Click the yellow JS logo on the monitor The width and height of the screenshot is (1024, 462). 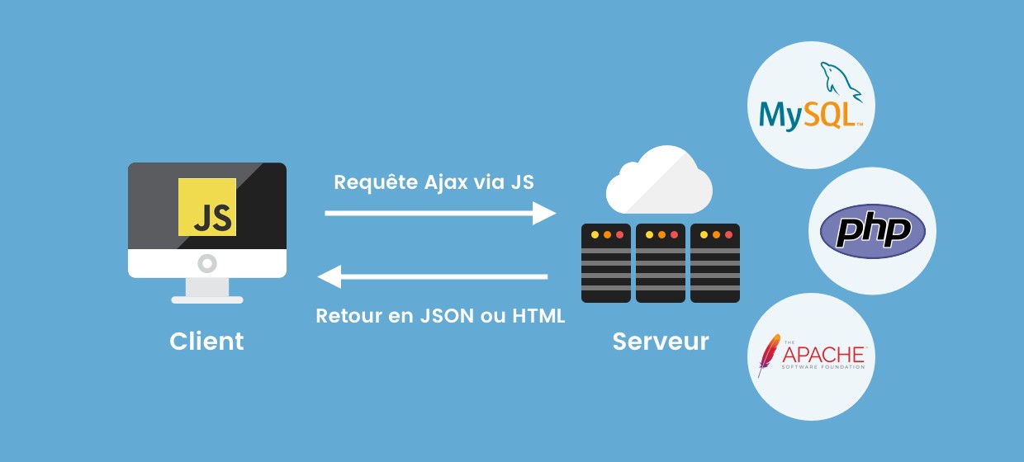[207, 207]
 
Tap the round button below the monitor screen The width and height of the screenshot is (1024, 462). [207, 263]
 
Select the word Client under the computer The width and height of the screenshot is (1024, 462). [206, 341]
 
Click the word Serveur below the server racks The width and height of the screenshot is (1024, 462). [661, 342]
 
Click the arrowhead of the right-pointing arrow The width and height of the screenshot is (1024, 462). [544, 213]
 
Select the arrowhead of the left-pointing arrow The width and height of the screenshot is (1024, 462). [329, 276]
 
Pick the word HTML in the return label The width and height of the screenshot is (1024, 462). [538, 316]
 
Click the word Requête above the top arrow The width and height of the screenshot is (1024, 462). [376, 182]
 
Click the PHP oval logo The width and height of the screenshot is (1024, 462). [873, 231]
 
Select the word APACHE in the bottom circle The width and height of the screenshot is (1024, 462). [823, 354]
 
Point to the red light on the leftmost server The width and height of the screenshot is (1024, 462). [620, 234]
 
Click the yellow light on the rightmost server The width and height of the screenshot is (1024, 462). [704, 234]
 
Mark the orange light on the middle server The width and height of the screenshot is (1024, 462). [662, 234]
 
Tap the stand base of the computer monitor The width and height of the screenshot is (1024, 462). [207, 300]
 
